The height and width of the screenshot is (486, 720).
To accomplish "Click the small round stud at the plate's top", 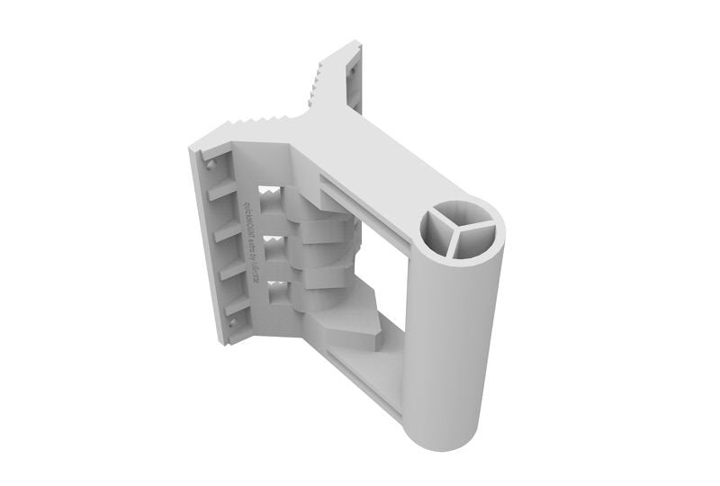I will point(210,166).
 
